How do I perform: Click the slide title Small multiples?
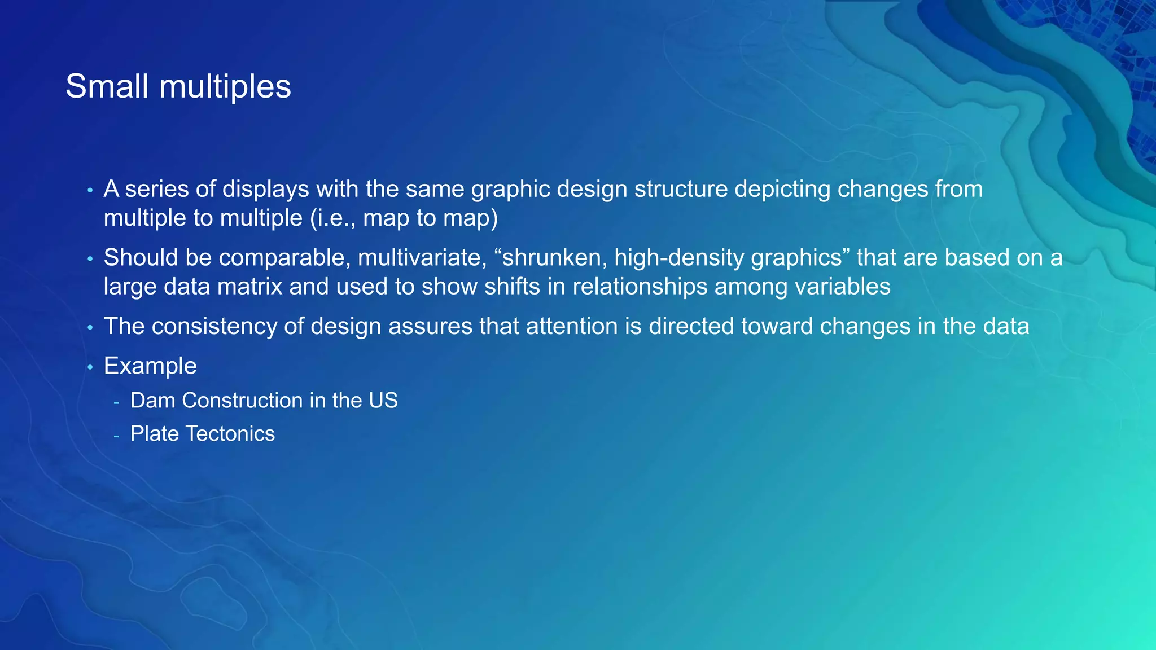click(x=178, y=86)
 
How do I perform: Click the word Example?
click(x=150, y=366)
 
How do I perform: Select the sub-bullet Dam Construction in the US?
click(x=264, y=400)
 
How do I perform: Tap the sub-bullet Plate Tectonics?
click(x=202, y=433)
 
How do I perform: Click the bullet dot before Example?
click(x=90, y=367)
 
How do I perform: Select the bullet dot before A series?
click(x=90, y=191)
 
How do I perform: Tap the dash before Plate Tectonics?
click(x=116, y=435)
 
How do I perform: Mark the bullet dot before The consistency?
click(x=90, y=328)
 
